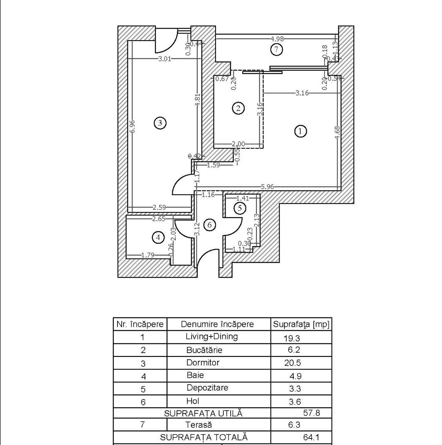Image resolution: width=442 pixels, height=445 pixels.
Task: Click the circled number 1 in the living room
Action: click(301, 131)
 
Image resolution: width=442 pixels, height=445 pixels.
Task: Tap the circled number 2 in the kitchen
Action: click(238, 108)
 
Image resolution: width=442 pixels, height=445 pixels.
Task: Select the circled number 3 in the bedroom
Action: click(160, 123)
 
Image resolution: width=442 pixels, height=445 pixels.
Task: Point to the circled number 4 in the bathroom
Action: click(158, 237)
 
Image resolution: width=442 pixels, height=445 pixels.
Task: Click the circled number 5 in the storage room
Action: click(240, 208)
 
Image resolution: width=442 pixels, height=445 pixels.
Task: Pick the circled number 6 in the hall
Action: click(210, 225)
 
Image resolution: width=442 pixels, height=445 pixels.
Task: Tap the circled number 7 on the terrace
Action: click(276, 50)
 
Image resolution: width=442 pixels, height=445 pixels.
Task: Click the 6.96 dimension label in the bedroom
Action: click(132, 127)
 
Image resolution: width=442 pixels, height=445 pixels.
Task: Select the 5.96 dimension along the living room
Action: click(267, 187)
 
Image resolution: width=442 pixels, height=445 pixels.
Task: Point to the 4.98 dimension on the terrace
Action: click(277, 39)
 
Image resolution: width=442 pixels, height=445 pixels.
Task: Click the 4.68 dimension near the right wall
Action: click(337, 132)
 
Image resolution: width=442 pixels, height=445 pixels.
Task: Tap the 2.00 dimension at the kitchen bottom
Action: click(238, 144)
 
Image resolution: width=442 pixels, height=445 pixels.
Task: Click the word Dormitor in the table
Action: click(203, 362)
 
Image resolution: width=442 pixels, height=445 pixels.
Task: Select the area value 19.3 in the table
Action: click(292, 338)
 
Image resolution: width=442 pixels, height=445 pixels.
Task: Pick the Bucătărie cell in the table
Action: click(204, 350)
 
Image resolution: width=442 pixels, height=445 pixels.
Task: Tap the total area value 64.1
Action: click(311, 437)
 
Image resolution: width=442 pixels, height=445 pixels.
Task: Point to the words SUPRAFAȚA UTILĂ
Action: click(203, 413)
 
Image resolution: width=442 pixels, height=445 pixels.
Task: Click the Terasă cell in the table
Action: click(199, 425)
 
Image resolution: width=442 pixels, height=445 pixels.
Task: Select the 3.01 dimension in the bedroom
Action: click(165, 59)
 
